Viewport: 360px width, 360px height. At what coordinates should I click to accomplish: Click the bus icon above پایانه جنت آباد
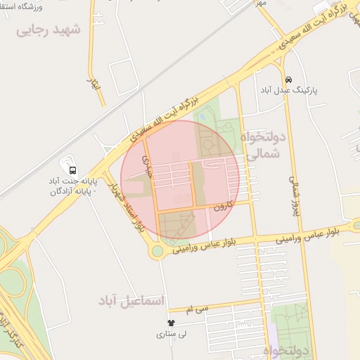click(x=73, y=169)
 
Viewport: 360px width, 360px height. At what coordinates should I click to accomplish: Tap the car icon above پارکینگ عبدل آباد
click(x=289, y=79)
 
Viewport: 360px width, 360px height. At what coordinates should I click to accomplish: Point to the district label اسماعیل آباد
click(x=131, y=301)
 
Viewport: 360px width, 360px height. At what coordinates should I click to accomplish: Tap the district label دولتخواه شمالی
click(x=264, y=144)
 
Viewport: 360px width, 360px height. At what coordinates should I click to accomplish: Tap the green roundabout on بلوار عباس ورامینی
click(x=157, y=251)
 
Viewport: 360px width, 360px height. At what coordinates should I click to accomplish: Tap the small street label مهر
click(x=261, y=3)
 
